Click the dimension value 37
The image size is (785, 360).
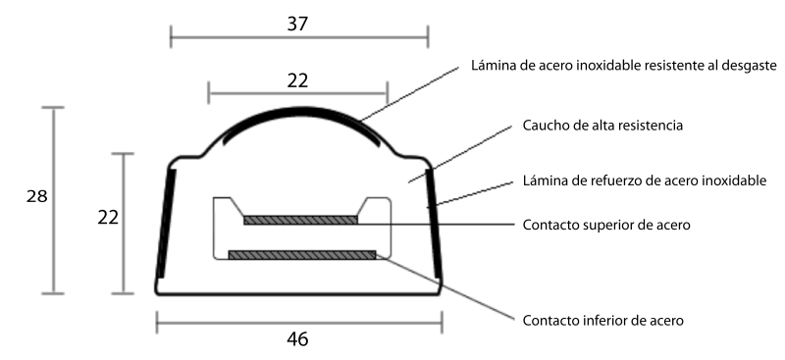(x=297, y=25)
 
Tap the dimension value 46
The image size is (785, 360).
(x=298, y=339)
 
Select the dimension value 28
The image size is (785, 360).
(x=36, y=196)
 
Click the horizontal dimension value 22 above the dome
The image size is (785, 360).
(x=297, y=81)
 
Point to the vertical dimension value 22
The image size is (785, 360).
(x=108, y=218)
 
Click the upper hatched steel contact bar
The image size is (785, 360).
(x=300, y=220)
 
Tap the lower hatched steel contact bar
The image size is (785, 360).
(x=302, y=255)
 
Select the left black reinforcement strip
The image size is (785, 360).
(x=166, y=224)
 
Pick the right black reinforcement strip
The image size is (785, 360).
(x=434, y=224)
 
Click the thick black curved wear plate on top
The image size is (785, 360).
(x=299, y=110)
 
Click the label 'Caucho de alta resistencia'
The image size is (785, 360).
(x=602, y=126)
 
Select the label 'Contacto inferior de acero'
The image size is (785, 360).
(x=602, y=320)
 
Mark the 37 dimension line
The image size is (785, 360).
(x=299, y=37)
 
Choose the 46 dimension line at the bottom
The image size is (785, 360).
(x=299, y=323)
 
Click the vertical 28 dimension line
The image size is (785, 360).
(x=53, y=200)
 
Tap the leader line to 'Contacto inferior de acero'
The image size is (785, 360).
(x=445, y=286)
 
